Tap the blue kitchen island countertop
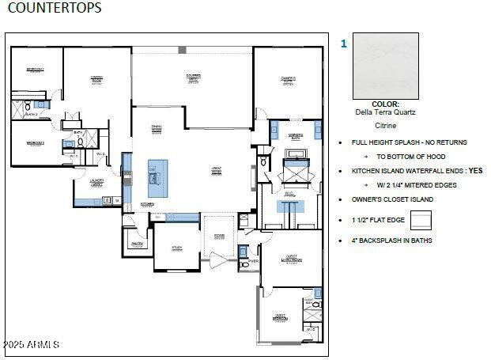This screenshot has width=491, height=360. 158,177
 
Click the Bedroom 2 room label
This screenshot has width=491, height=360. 34,70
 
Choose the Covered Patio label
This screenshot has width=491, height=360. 193,78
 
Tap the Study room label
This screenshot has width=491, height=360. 177,248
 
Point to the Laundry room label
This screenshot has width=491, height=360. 97,183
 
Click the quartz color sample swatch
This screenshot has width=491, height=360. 385,66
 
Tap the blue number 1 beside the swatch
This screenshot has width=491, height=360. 343,44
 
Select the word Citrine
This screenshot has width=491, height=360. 385,125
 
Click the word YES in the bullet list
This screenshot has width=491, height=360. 474,170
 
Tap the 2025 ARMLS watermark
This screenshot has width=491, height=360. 31,344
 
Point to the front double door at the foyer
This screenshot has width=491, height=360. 219,259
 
